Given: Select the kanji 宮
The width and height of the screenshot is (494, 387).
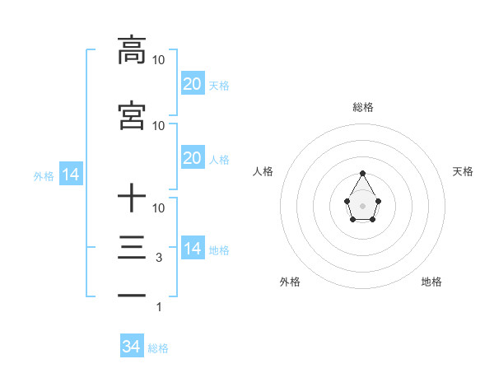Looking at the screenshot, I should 132,116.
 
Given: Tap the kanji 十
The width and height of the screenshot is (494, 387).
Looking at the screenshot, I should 132,198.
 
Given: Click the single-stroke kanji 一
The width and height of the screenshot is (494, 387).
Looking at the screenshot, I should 132,294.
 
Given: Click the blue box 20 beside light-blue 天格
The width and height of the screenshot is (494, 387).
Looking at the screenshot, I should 193,84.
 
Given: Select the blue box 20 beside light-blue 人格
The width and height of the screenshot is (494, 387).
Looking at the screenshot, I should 193,158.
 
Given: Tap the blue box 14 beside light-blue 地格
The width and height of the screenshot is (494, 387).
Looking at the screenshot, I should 193,249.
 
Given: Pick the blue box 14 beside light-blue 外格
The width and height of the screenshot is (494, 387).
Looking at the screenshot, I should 71,175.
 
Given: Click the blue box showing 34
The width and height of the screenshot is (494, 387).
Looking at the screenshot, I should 132,347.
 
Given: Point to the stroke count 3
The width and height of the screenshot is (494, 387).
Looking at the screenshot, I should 159,258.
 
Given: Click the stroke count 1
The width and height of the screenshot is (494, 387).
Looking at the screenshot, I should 159,307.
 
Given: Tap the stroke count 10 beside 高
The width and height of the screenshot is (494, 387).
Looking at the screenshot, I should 159,60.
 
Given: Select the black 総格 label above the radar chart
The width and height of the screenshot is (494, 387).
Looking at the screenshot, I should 363,107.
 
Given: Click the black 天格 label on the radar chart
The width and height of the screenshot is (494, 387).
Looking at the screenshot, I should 464,171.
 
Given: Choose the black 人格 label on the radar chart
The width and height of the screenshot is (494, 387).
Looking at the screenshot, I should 263,171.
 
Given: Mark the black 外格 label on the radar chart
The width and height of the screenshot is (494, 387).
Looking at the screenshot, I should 290,282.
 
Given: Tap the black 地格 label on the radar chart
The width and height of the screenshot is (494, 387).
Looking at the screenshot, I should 431,282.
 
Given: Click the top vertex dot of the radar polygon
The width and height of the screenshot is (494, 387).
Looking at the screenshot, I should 362,173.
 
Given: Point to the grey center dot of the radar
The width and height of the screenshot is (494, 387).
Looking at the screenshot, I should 362,204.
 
